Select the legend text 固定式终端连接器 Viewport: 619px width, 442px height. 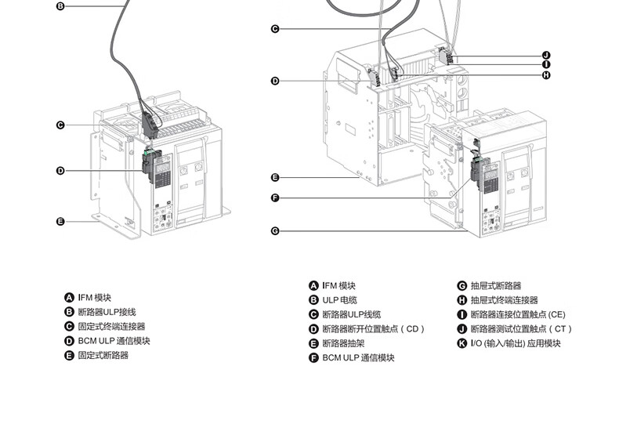[111, 326]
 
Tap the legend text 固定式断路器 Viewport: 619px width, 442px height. [103, 355]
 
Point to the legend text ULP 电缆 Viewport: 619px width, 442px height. [339, 299]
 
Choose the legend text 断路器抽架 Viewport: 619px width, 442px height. [343, 343]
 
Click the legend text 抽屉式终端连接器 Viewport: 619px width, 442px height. [505, 300]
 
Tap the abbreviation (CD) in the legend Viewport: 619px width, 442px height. [412, 329]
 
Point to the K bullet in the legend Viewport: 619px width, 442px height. [462, 343]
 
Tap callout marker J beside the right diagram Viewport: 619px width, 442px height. [546, 55]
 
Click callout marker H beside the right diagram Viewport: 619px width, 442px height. [546, 75]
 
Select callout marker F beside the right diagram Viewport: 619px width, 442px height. [275, 197]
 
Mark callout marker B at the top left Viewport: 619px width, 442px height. [60, 6]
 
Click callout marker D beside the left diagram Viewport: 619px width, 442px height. [60, 171]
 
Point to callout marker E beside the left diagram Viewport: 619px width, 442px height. [60, 221]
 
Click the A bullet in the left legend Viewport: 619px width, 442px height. [69, 298]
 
